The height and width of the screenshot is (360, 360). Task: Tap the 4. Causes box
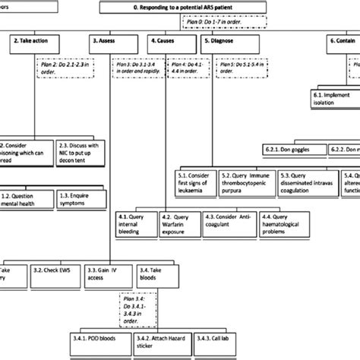coord(167,44)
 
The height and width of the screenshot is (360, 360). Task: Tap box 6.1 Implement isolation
coord(334,99)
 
